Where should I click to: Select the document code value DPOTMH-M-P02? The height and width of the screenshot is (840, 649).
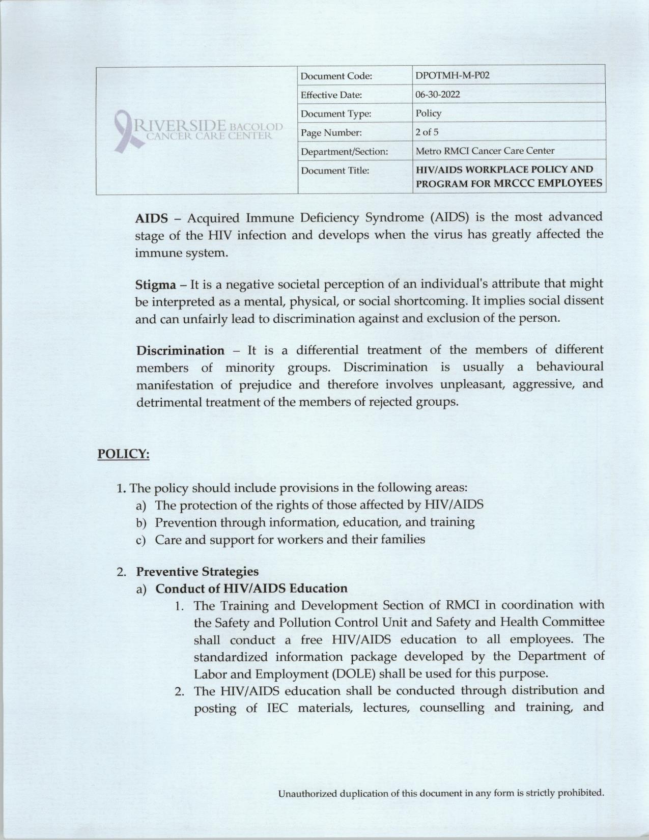[x=445, y=76]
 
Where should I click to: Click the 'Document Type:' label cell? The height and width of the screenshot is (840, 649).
[x=336, y=114]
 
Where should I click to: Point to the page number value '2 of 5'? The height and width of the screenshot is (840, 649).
[x=427, y=132]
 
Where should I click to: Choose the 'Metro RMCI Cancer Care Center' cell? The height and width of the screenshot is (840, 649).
[x=485, y=151]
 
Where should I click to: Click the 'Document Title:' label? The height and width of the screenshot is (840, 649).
[x=335, y=171]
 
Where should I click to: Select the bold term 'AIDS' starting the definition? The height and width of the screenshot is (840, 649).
[x=151, y=219]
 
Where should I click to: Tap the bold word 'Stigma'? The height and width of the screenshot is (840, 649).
[x=155, y=284]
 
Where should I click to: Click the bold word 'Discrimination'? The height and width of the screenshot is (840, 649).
[x=180, y=351]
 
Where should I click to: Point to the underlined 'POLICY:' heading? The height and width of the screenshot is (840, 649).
[x=123, y=454]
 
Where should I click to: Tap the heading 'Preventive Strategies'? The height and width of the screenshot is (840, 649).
[x=197, y=571]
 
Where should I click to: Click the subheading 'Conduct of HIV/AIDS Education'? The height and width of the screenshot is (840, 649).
[x=251, y=589]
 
